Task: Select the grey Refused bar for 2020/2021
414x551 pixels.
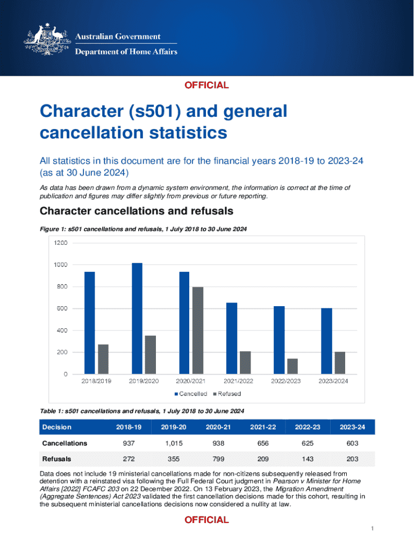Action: coord(197,330)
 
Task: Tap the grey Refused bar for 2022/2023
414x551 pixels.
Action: coord(292,366)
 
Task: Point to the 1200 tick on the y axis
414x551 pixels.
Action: coord(61,243)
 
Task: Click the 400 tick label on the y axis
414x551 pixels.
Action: coord(61,330)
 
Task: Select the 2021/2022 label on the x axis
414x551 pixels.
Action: coord(238,381)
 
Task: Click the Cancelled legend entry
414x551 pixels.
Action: coord(190,393)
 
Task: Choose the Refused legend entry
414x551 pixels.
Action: coord(226,393)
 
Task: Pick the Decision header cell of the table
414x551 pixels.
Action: coord(57,427)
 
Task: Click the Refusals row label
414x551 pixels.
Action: coord(57,459)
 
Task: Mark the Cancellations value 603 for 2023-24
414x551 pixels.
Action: coord(352,443)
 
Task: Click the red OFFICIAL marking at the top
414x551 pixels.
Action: coord(207,85)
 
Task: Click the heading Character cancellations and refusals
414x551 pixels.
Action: coord(137,210)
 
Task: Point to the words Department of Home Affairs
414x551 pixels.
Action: coord(126,52)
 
